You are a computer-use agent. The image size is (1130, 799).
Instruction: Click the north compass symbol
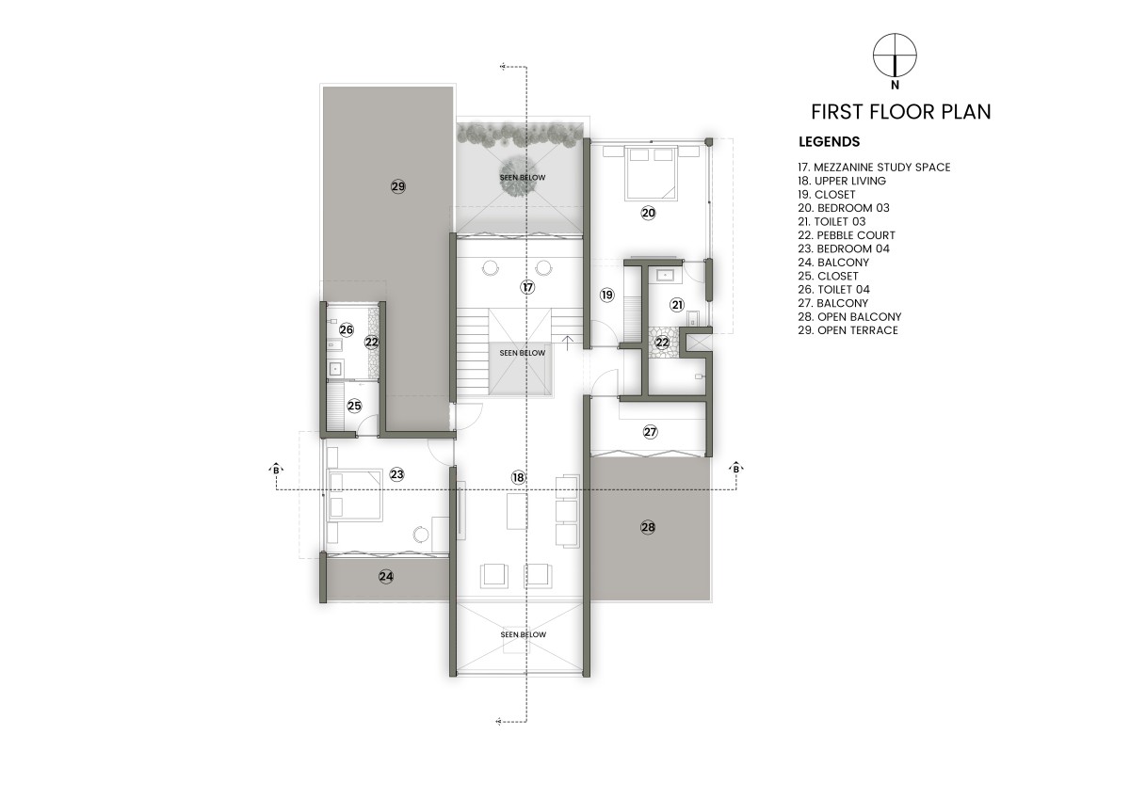[x=895, y=56]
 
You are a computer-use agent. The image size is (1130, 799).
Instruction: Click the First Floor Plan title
[x=901, y=112]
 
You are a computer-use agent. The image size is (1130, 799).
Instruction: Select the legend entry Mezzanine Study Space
[x=874, y=168]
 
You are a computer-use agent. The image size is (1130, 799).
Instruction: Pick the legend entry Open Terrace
[x=848, y=330]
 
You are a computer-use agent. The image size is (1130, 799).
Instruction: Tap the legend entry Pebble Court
[x=847, y=235]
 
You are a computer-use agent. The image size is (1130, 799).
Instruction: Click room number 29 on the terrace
[x=398, y=186]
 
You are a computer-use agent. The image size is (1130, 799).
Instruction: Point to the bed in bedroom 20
[x=651, y=173]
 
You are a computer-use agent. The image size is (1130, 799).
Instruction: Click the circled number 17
[x=527, y=287]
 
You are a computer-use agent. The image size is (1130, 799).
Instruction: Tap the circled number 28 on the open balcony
[x=648, y=527]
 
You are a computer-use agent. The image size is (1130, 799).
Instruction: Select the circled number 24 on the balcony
[x=386, y=576]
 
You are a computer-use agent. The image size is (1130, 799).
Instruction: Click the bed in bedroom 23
[x=354, y=494]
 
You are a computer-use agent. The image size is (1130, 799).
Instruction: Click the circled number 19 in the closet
[x=606, y=295]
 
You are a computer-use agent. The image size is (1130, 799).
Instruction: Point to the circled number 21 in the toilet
[x=677, y=305]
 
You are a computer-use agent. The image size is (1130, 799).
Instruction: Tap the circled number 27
[x=651, y=432]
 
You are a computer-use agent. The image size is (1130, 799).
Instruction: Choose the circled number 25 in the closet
[x=354, y=406]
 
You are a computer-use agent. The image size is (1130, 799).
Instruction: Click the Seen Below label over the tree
[x=523, y=178]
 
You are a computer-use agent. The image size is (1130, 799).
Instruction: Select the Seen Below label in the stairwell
[x=523, y=353]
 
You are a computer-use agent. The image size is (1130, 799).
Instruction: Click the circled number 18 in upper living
[x=518, y=477]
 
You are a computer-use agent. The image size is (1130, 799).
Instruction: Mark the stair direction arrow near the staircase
[x=568, y=343]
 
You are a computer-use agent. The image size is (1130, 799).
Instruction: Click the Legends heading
[x=830, y=142]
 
